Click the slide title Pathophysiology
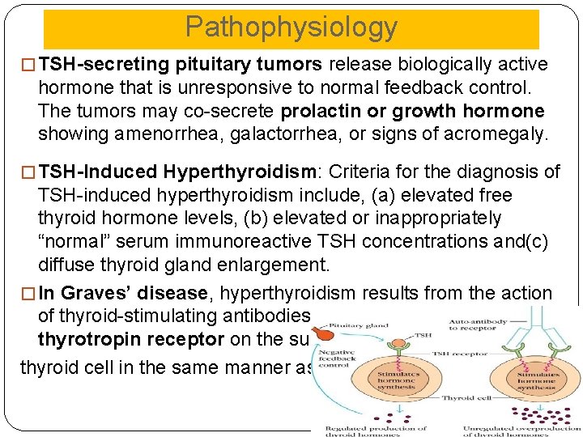[291, 28]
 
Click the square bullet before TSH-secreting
[32, 65]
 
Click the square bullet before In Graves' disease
[32, 294]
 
